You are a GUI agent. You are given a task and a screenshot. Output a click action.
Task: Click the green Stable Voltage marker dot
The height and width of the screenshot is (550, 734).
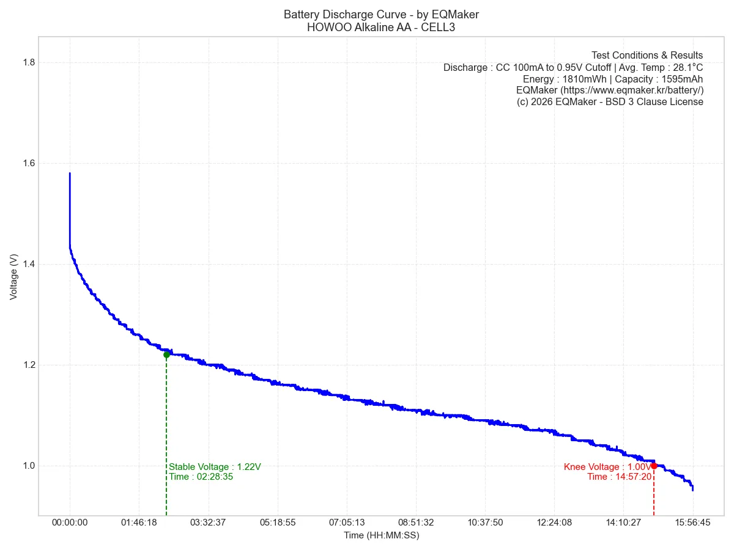click(166, 354)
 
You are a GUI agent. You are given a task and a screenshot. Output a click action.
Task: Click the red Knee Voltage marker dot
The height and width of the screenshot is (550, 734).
click(654, 466)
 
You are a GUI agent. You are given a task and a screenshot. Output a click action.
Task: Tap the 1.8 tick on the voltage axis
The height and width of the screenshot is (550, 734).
click(28, 62)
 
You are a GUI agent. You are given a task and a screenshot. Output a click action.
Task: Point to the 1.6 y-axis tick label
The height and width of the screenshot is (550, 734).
click(28, 163)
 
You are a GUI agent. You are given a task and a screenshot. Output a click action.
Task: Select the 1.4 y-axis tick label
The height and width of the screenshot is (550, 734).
click(28, 264)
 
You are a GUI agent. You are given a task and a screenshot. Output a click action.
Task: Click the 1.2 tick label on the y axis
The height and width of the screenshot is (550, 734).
click(28, 365)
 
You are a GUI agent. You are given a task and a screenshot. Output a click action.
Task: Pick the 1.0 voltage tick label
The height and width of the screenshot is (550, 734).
click(28, 466)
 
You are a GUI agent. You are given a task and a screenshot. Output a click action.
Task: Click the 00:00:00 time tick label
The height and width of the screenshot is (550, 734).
click(70, 523)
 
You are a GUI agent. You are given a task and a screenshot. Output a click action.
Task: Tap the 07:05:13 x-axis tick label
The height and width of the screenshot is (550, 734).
click(347, 523)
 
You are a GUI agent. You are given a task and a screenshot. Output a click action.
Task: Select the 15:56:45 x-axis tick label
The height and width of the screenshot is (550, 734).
click(692, 523)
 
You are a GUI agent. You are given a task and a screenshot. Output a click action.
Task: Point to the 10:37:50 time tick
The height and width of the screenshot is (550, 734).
click(485, 523)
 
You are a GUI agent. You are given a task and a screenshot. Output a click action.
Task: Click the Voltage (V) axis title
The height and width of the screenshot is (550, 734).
click(13, 277)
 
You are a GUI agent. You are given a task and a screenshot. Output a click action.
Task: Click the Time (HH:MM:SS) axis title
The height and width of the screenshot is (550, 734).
click(381, 536)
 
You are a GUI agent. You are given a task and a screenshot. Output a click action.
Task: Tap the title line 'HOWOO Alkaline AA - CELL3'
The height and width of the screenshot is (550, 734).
click(381, 28)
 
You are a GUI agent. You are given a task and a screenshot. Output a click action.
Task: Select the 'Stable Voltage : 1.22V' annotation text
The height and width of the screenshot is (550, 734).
click(215, 467)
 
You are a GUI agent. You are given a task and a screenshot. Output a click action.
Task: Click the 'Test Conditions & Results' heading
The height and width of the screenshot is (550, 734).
click(647, 56)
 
